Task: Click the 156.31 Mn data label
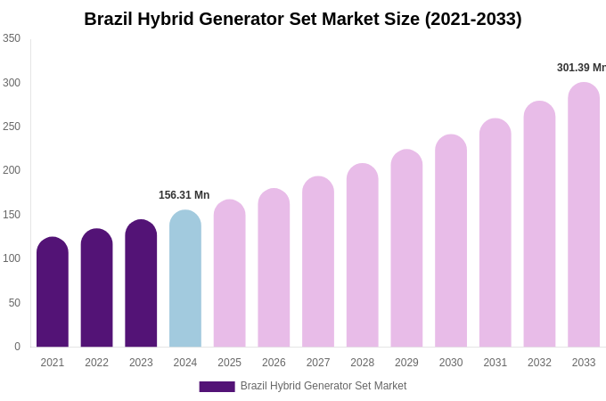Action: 184,195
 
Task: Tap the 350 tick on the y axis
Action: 12,38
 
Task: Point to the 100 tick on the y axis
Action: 12,258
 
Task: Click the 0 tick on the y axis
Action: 17,347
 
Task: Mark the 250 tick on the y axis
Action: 12,127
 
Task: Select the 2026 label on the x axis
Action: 274,363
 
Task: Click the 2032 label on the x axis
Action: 539,363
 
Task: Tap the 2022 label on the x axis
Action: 96,363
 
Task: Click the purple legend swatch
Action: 217,387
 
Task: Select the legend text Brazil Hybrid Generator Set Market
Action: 323,386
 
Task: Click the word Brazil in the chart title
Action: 111,19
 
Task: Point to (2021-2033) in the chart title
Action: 473,19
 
